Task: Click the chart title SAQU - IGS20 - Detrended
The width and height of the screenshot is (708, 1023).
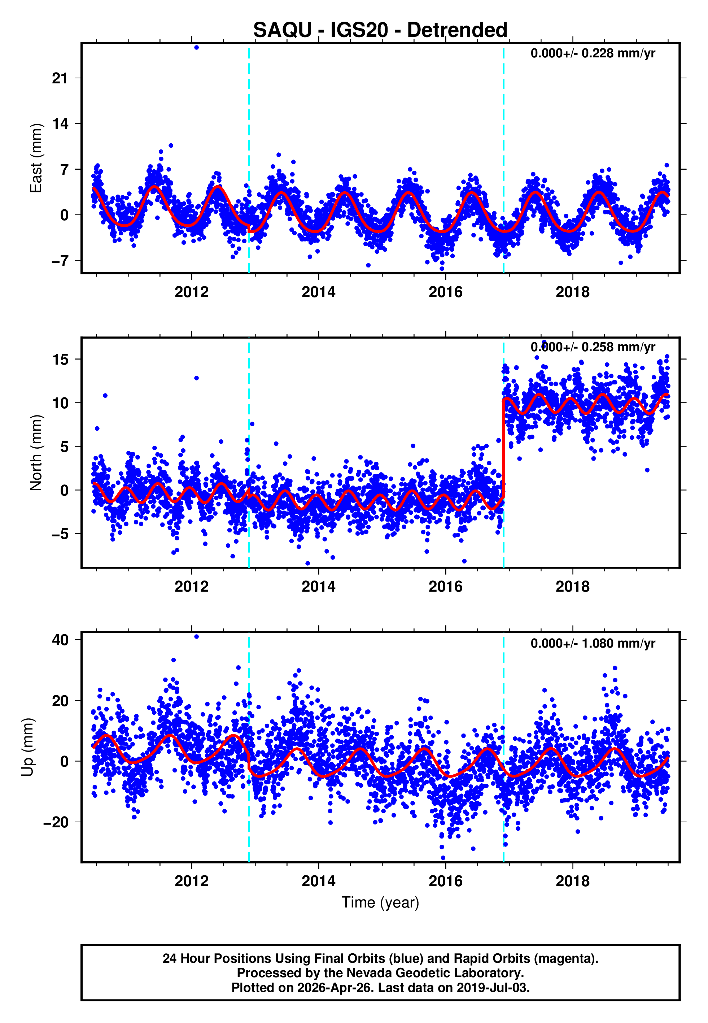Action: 380,30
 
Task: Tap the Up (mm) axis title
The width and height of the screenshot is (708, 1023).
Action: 27,747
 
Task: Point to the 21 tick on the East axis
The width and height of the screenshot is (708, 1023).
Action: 60,79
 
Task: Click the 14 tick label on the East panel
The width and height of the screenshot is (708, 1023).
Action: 60,124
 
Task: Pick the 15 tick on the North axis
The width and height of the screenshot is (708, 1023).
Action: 60,359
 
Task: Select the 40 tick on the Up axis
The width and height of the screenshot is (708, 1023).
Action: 60,640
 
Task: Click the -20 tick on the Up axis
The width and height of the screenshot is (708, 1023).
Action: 56,822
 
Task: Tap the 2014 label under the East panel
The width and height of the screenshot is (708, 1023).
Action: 319,292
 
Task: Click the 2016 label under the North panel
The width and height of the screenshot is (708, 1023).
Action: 445,587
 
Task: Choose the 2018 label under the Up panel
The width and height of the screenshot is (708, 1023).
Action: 572,881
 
